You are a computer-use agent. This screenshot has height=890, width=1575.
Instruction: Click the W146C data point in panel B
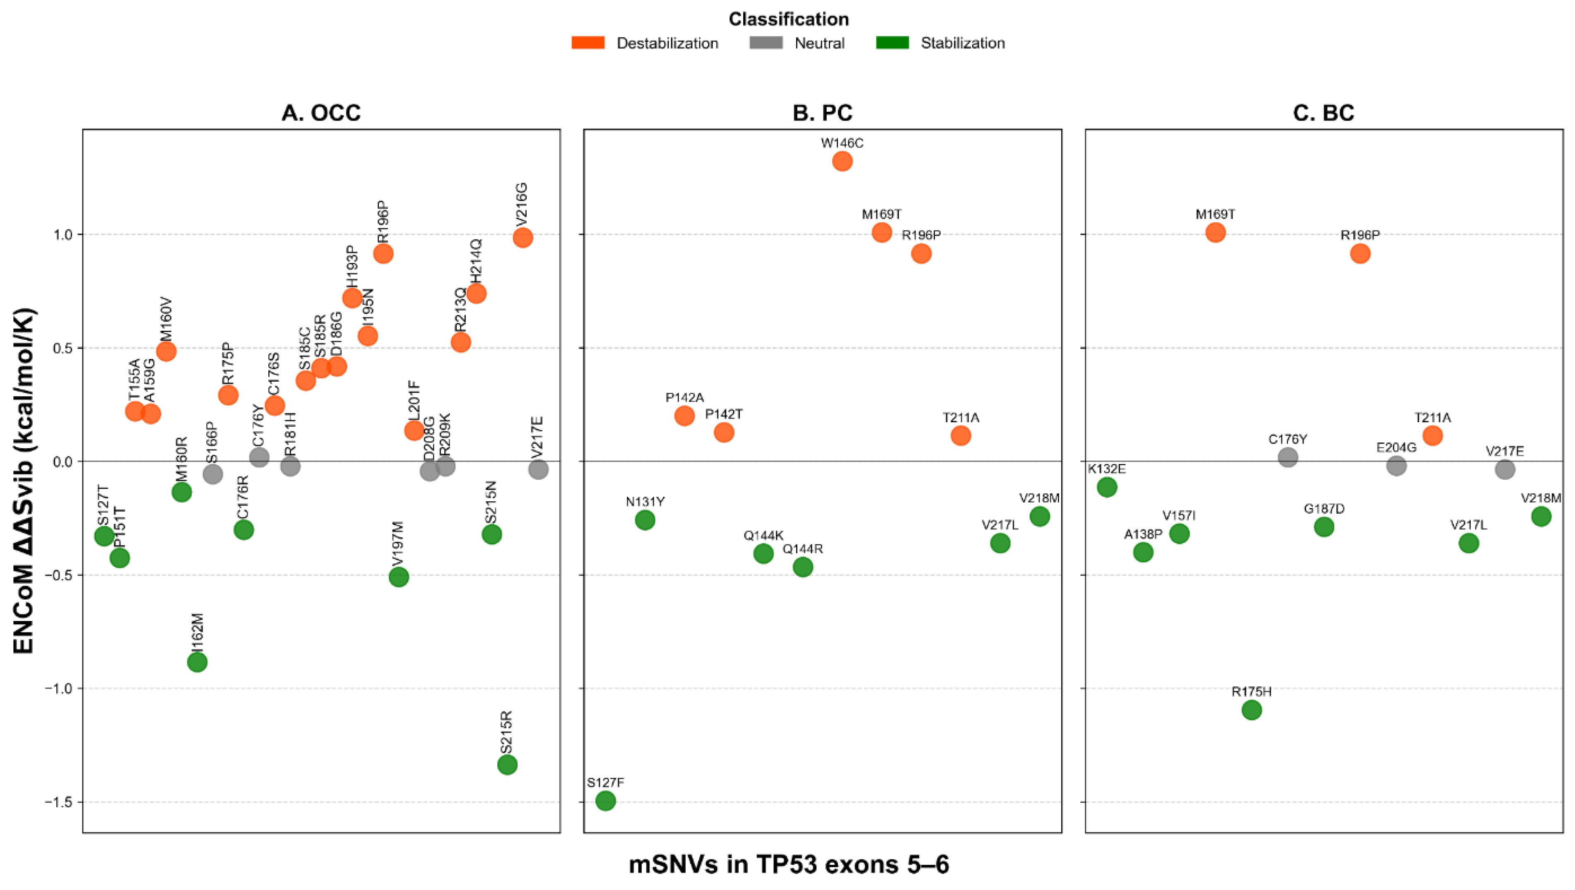click(842, 161)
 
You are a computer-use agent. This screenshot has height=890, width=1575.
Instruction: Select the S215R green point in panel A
click(507, 765)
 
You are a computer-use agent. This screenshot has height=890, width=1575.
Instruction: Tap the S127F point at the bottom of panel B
click(605, 801)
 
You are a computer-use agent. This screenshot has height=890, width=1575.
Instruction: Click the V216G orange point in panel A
click(522, 238)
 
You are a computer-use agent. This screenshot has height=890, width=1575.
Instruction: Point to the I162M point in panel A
click(197, 662)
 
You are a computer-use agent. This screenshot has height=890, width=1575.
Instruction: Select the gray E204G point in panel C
click(1396, 466)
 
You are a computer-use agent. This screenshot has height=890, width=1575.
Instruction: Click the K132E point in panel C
click(1107, 487)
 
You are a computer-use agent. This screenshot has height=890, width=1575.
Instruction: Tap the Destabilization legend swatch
click(588, 43)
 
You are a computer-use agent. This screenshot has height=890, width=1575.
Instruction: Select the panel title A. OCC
click(321, 113)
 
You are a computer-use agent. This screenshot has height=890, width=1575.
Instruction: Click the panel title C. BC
click(1323, 113)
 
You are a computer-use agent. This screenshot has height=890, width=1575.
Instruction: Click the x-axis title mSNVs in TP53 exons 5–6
click(789, 865)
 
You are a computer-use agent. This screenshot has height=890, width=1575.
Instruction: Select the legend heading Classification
click(788, 19)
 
